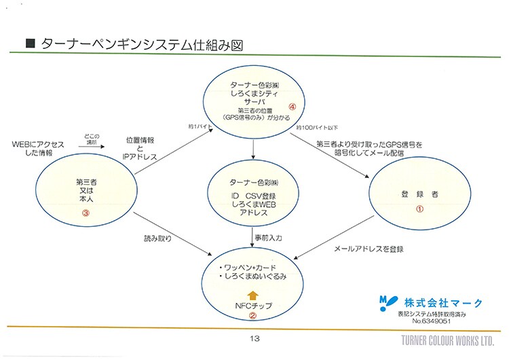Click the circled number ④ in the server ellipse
pos(293,107)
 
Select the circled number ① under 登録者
pos(419,209)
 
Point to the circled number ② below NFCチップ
pos(252,315)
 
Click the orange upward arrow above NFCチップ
pos(252,295)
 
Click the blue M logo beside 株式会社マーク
pos(385,302)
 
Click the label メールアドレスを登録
pos(369,249)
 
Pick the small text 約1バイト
pos(200,127)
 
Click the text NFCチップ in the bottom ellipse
pos(252,306)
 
